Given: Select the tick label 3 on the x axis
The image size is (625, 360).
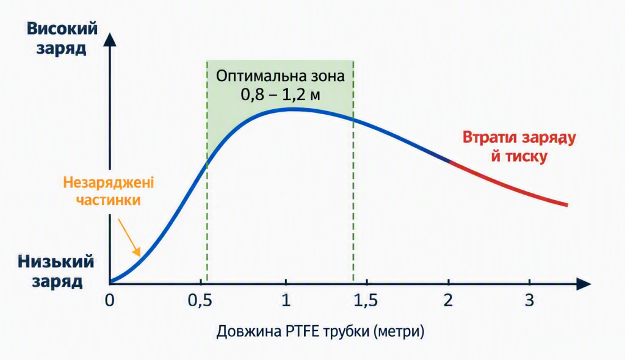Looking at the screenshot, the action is (529, 300).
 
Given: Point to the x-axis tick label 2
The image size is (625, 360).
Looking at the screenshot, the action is (449, 300).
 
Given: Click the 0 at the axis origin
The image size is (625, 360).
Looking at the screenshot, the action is (110, 300).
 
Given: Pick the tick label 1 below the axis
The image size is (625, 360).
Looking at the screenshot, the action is (286, 300).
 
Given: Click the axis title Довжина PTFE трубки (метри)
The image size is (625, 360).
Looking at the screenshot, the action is (320, 331).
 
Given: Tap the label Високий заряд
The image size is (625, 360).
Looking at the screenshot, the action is (62, 38).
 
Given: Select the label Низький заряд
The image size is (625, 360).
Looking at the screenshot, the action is (56, 272).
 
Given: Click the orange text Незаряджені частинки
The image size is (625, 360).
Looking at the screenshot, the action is (109, 192).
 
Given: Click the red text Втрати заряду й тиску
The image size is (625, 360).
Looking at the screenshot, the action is (519, 146).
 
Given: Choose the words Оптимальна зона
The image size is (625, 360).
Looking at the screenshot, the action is (280, 75).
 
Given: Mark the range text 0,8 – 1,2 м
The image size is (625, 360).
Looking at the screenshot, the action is (280, 95).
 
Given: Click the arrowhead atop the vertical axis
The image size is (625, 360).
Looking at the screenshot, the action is (110, 40).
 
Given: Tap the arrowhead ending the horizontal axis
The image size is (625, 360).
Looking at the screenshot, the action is (584, 284).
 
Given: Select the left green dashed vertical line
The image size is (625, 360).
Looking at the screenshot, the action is (207, 171).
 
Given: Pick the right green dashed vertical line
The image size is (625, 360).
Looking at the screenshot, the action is (353, 171).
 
